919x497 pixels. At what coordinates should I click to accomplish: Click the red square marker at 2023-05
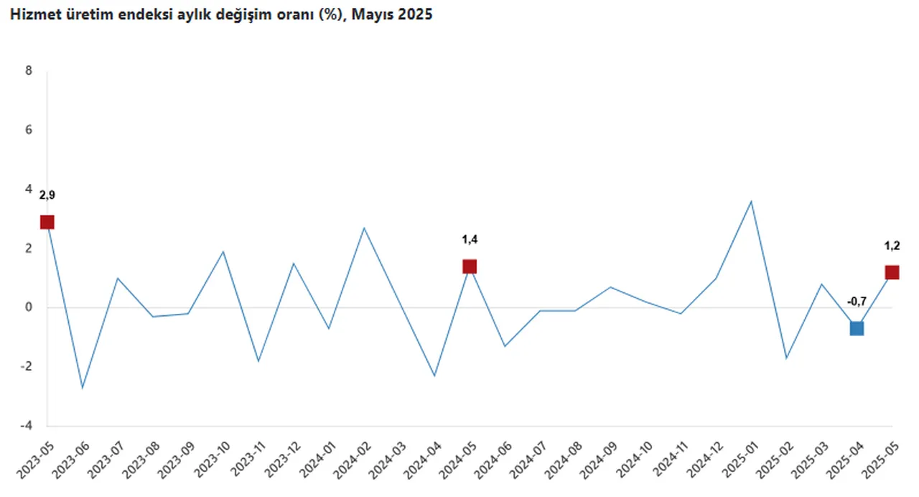pyautogui.click(x=47, y=222)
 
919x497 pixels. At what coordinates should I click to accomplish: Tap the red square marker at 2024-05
pyautogui.click(x=470, y=266)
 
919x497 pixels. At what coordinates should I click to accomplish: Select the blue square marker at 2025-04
pyautogui.click(x=857, y=328)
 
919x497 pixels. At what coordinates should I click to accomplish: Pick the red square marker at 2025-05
pyautogui.click(x=892, y=272)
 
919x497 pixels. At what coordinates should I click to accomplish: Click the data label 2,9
pyautogui.click(x=47, y=195)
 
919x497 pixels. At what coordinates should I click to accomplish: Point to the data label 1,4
pyautogui.click(x=470, y=240)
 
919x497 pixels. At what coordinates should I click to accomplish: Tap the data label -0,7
pyautogui.click(x=857, y=302)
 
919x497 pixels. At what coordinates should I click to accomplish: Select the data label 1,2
pyautogui.click(x=892, y=246)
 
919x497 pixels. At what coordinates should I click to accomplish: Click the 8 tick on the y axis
pyautogui.click(x=29, y=71)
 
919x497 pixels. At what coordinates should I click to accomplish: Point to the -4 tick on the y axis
pyautogui.click(x=27, y=426)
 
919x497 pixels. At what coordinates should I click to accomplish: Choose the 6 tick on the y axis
pyautogui.click(x=29, y=130)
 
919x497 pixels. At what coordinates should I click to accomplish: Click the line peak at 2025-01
pyautogui.click(x=751, y=201)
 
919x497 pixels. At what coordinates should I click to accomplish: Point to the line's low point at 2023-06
pyautogui.click(x=83, y=388)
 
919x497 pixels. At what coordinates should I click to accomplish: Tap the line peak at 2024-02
pyautogui.click(x=364, y=228)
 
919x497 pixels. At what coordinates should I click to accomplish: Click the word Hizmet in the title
pyautogui.click(x=29, y=14)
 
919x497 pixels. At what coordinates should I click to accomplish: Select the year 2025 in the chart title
pyautogui.click(x=416, y=14)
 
